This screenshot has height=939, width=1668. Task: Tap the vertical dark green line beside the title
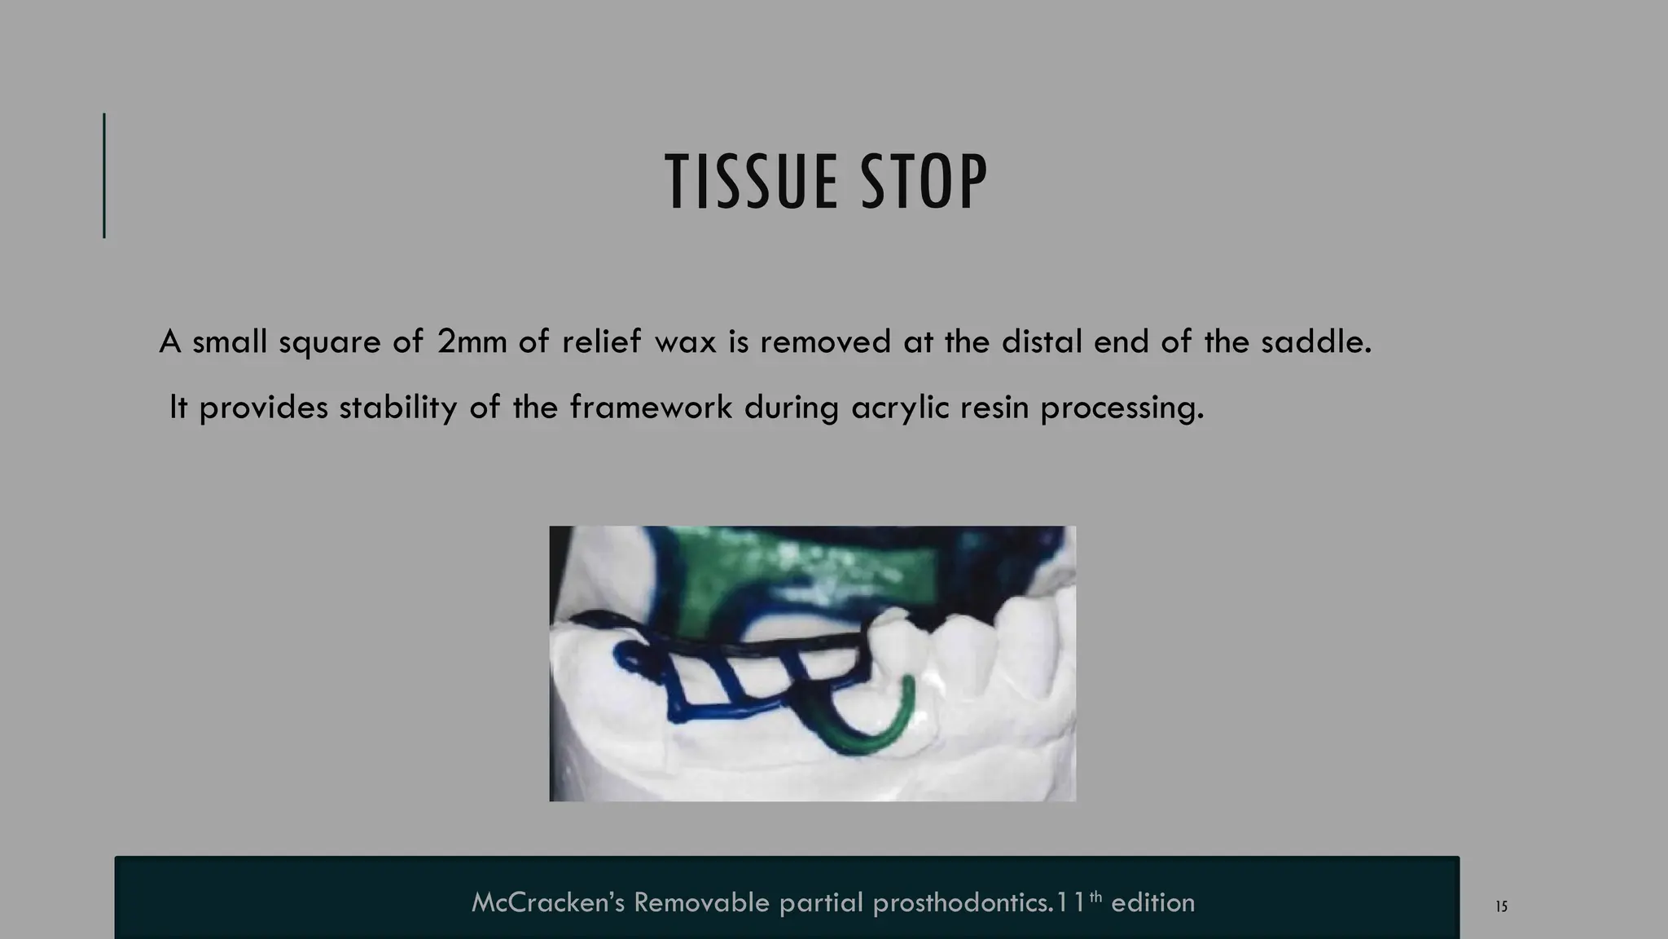[104, 175]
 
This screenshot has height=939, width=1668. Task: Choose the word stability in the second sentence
[398, 407]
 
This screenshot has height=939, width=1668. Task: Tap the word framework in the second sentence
[650, 407]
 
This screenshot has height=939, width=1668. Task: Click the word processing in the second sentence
[1122, 407]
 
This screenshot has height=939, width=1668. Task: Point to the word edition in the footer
[1152, 902]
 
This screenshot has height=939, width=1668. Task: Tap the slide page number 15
[1502, 906]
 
